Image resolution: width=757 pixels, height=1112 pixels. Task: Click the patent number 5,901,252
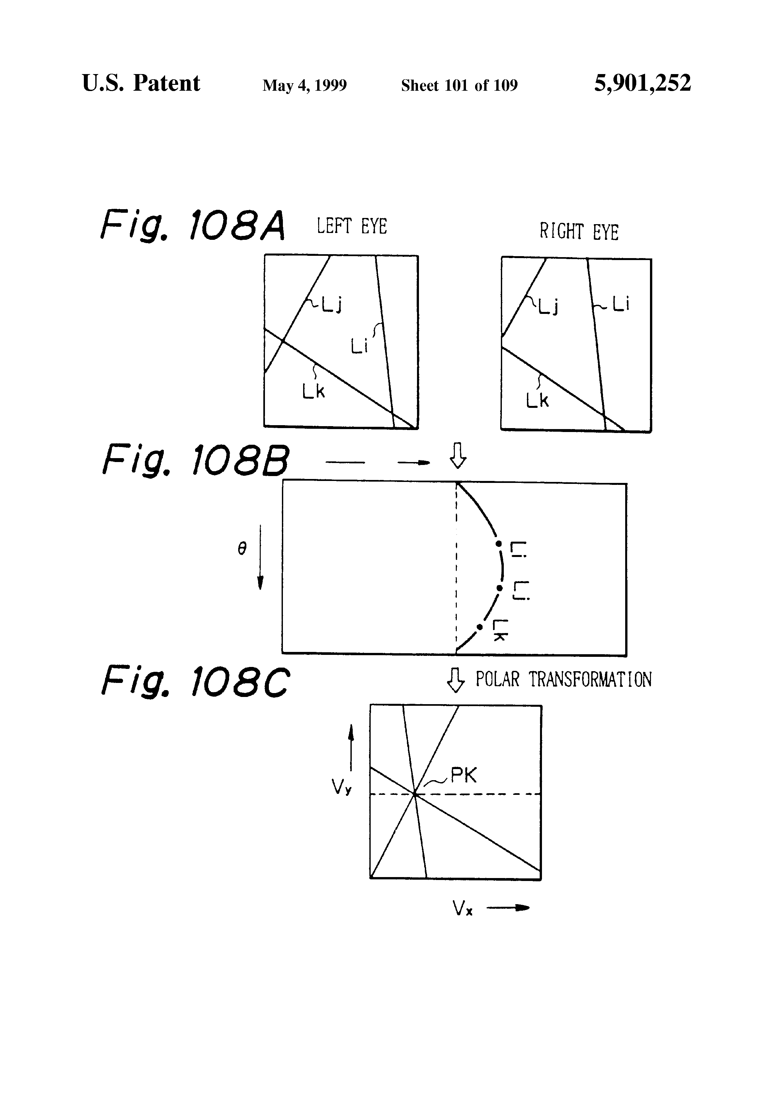[642, 83]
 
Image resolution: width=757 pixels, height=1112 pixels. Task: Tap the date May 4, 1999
[304, 85]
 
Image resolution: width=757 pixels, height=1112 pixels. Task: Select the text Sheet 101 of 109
[459, 85]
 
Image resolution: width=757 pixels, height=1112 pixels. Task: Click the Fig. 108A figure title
[193, 224]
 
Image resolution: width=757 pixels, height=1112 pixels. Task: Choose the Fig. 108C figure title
[195, 681]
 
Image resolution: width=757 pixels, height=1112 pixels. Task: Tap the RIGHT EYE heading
[579, 232]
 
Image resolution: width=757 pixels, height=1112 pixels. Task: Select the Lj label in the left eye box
[332, 304]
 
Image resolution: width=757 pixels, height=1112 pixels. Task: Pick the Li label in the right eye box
[621, 303]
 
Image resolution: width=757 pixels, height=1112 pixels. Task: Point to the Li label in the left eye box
[359, 346]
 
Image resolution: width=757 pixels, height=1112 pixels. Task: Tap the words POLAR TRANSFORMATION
[563, 679]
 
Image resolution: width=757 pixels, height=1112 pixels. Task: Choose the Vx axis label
[463, 908]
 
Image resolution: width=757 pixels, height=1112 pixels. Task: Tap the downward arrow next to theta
[260, 557]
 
